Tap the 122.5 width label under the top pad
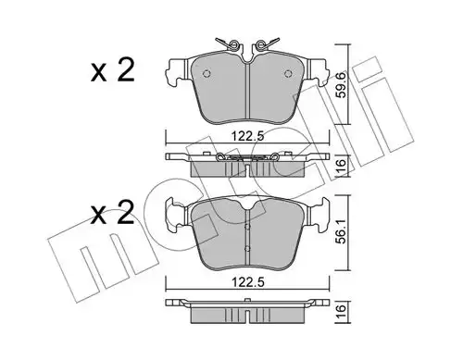coord(248,136)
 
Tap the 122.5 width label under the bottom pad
coord(248,282)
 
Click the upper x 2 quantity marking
coord(113,71)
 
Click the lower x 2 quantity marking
coord(113,213)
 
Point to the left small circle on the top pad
coord(206,73)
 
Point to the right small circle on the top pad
coord(288,73)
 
